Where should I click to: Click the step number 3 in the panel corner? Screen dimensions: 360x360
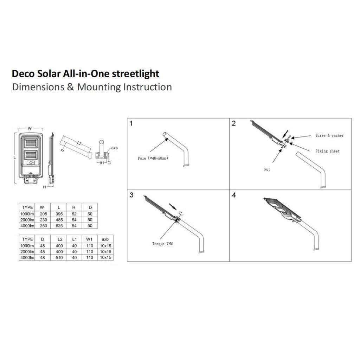click(x=131, y=195)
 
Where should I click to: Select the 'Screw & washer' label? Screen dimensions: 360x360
click(x=329, y=135)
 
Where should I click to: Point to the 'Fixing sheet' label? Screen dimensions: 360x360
click(x=327, y=151)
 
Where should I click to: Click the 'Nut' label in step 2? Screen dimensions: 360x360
click(x=267, y=169)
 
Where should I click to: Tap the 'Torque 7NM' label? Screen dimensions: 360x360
click(x=162, y=244)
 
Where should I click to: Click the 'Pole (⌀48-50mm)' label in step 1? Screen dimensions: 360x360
click(x=153, y=158)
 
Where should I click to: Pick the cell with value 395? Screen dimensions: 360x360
click(x=58, y=214)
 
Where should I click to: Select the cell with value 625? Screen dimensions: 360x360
click(x=58, y=226)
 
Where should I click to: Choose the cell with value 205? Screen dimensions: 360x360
click(x=43, y=214)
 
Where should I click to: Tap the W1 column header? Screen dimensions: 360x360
click(x=90, y=239)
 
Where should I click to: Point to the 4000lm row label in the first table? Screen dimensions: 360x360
click(x=27, y=226)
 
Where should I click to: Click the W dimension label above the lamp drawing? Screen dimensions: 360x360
click(x=30, y=128)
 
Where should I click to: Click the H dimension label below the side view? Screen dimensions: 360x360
click(x=44, y=187)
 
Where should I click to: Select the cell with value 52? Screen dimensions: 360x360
click(x=74, y=214)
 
